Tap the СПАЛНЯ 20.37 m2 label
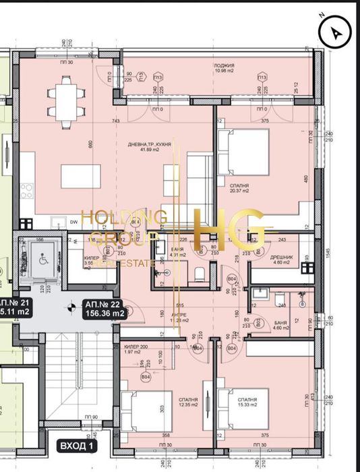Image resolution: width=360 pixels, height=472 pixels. [239, 187]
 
